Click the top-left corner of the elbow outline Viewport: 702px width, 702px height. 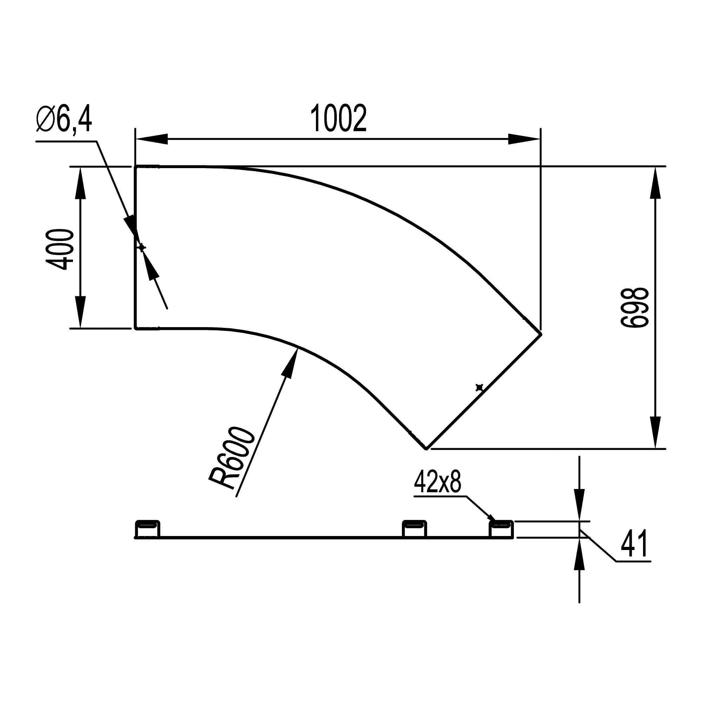(x=135, y=167)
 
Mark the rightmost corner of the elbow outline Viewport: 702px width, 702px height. (x=541, y=333)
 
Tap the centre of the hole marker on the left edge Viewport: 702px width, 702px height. (x=142, y=247)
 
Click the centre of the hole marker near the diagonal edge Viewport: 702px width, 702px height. (x=479, y=388)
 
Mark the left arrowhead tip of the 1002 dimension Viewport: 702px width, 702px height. (x=135, y=139)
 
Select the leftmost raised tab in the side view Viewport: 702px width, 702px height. (x=147, y=529)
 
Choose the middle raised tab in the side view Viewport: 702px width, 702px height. (x=414, y=529)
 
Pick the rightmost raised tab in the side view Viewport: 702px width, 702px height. (x=501, y=529)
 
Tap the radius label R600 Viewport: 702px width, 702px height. (x=231, y=458)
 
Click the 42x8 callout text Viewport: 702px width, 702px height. (x=437, y=483)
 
